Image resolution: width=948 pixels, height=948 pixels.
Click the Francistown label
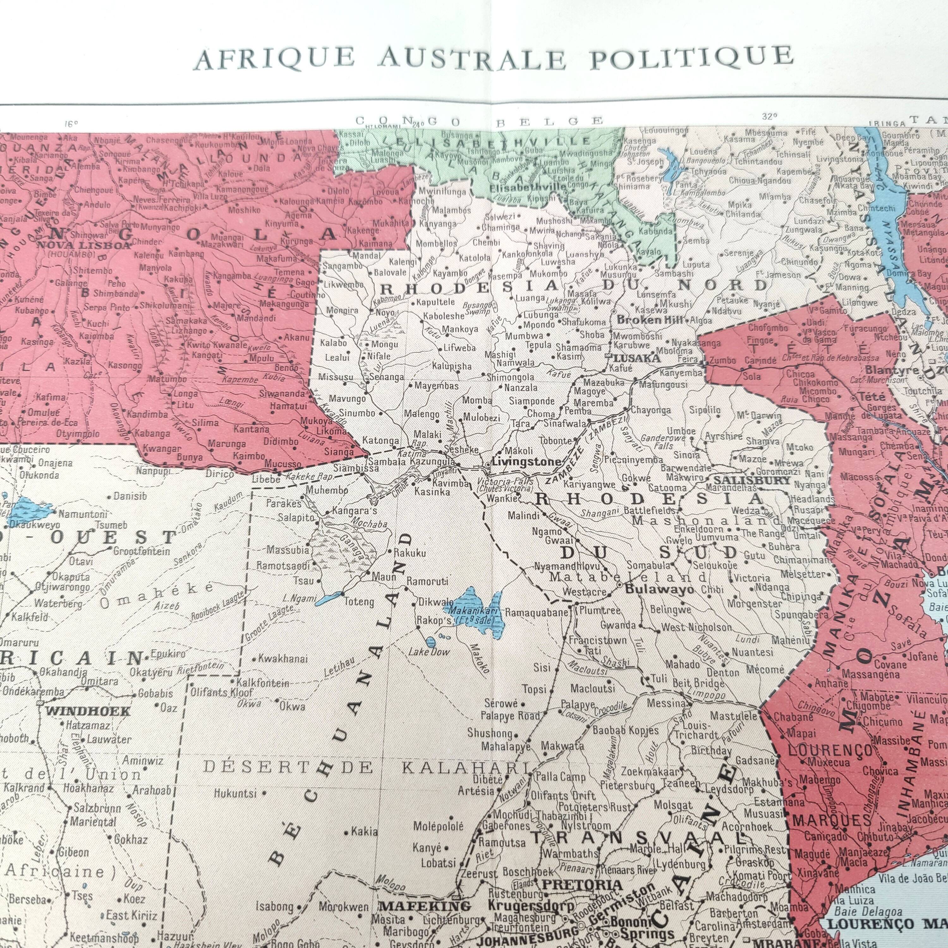point(598,640)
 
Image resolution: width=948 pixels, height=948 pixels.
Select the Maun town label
point(384,577)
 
